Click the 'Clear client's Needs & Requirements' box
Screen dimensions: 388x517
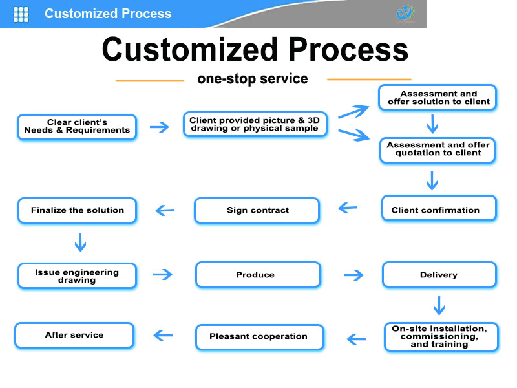point(77,127)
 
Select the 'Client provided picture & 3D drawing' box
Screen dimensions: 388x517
point(254,125)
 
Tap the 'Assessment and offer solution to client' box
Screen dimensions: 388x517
point(438,98)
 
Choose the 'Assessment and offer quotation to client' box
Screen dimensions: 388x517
point(438,149)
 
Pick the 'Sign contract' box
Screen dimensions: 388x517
point(257,210)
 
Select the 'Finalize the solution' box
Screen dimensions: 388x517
point(77,210)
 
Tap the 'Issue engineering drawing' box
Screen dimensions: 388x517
point(77,276)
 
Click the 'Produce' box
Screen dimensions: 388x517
point(257,275)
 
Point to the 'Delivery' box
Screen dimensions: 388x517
point(439,275)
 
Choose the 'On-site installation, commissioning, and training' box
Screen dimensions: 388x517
point(441,336)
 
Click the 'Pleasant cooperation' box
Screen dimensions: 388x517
point(258,336)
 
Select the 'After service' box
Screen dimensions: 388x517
point(74,335)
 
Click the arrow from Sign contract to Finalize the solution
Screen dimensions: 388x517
point(165,210)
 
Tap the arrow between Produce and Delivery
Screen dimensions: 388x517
point(353,275)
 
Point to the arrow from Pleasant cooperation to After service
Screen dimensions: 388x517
point(163,335)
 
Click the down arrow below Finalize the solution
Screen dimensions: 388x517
point(80,242)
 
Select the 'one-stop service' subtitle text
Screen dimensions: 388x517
point(252,80)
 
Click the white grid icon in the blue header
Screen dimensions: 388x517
point(21,14)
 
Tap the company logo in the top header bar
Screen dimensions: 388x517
point(405,13)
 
